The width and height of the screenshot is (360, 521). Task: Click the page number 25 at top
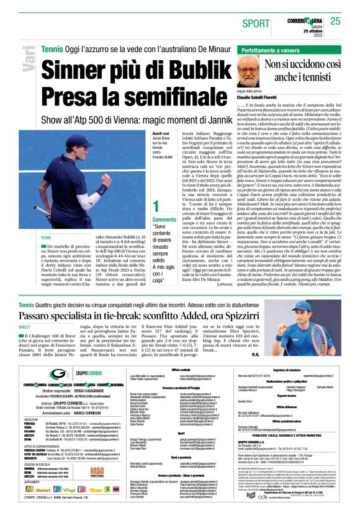(x=335, y=21)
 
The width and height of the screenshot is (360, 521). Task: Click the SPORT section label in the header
(x=256, y=23)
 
